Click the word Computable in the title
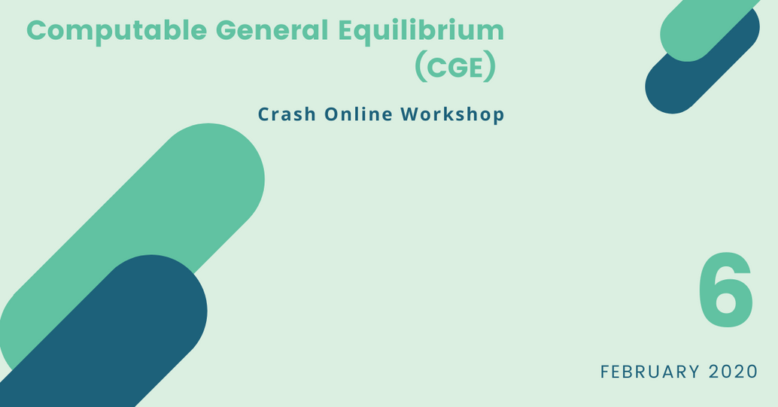[117, 32]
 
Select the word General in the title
[272, 30]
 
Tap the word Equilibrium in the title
[421, 32]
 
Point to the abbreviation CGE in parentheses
[455, 68]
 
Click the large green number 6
[726, 291]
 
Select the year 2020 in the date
[734, 372]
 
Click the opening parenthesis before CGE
[420, 68]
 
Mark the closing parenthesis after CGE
[491, 68]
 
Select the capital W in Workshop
[412, 114]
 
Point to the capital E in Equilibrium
[347, 30]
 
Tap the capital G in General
[227, 30]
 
